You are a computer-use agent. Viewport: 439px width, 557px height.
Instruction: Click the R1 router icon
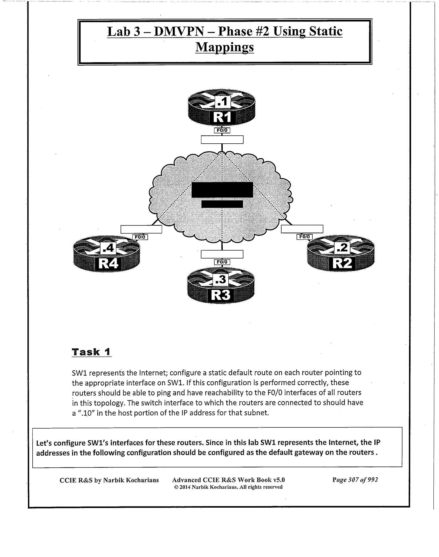click(x=222, y=108)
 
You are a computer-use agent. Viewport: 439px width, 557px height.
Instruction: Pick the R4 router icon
click(x=107, y=254)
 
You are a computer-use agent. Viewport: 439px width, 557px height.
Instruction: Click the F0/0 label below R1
click(x=222, y=130)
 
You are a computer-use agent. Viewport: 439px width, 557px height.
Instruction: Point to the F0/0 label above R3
click(x=222, y=262)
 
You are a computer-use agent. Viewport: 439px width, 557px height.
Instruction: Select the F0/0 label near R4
click(x=140, y=237)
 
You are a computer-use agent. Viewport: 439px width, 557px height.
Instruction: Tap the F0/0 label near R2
click(x=304, y=236)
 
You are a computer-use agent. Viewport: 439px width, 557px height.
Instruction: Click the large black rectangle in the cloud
click(x=222, y=190)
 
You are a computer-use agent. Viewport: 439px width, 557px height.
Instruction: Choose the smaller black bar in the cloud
click(x=222, y=204)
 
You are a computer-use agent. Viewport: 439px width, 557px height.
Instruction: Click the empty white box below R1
click(x=222, y=140)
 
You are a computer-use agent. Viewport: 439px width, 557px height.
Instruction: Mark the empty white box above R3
click(x=222, y=254)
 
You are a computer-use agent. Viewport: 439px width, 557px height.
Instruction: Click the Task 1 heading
click(x=92, y=352)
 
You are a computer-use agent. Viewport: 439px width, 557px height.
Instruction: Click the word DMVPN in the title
click(x=179, y=31)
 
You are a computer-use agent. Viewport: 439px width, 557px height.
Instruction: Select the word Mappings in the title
click(x=225, y=47)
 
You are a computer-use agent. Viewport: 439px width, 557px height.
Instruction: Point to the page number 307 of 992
click(x=355, y=480)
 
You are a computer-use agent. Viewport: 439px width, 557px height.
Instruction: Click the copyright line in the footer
click(x=228, y=487)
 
